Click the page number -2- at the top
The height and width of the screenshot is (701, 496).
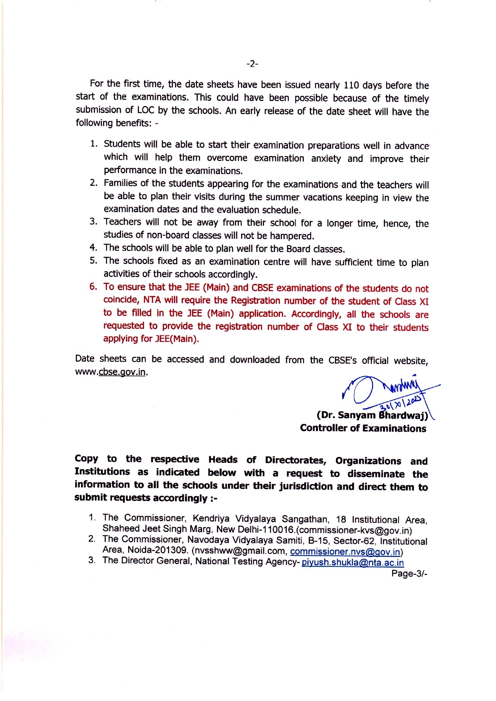pos(252,64)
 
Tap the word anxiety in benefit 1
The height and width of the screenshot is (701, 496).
pos(326,159)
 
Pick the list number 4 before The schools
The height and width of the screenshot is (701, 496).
pos(93,248)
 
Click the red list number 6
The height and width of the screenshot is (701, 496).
pos(93,287)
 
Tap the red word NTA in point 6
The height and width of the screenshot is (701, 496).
pos(152,300)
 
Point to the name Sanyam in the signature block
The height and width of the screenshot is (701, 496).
pos(357,415)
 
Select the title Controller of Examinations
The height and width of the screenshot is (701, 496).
pos(363,429)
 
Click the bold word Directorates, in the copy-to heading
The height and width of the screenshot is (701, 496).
pos(296,460)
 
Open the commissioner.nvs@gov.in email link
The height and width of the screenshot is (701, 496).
pos(345,552)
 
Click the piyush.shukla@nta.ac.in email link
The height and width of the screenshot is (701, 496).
pos(353,563)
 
